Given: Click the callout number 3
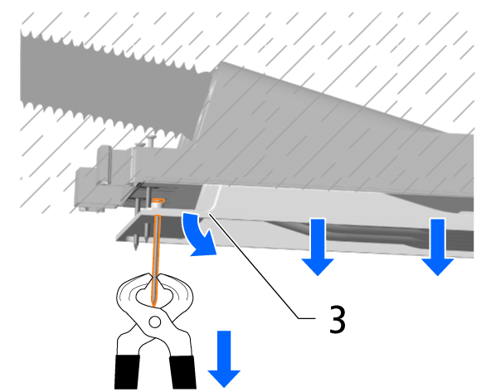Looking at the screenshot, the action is click(338, 319).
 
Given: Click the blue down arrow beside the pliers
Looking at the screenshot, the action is click(224, 359).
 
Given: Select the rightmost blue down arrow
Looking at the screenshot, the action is click(437, 247).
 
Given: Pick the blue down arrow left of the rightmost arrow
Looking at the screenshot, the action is click(318, 247).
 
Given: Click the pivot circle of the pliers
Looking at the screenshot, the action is click(155, 322).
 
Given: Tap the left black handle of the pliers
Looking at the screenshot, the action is click(127, 372).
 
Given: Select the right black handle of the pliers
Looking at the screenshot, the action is click(182, 372).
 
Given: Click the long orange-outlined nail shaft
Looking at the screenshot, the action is click(156, 260).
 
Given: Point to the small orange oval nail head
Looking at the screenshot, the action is click(158, 201).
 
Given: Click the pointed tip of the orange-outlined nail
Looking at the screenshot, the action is click(153, 305).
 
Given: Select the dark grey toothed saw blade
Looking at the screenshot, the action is click(113, 85).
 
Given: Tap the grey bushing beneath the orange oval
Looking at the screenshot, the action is click(156, 206).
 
